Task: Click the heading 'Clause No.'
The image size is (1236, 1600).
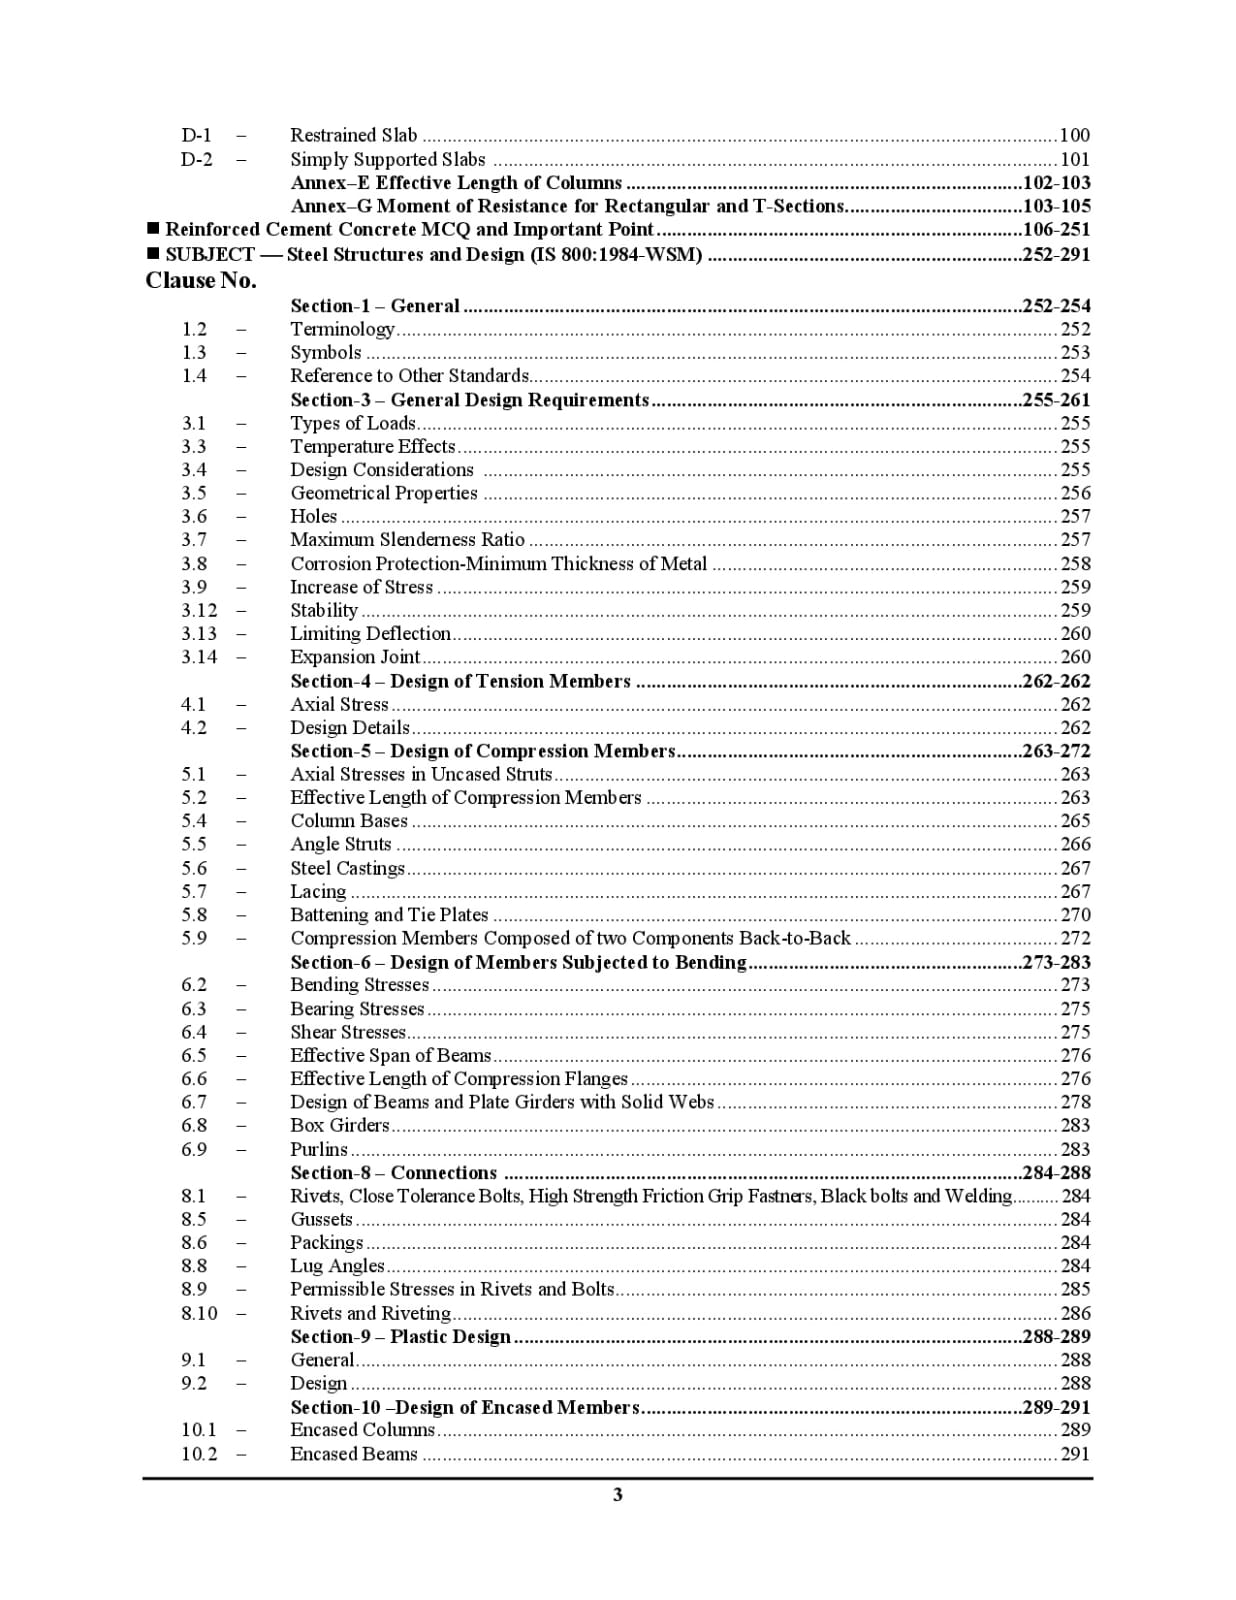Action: [x=201, y=280]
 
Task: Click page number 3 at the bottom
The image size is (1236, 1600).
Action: [x=618, y=1494]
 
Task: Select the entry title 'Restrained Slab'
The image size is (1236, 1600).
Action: [x=354, y=135]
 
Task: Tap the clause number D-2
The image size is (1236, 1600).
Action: [x=197, y=159]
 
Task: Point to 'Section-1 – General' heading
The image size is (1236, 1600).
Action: [x=375, y=306]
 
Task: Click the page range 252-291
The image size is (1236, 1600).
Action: [x=1056, y=254]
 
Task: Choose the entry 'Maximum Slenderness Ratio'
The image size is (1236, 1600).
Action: [x=407, y=540]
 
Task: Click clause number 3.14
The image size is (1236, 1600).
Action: [x=199, y=657]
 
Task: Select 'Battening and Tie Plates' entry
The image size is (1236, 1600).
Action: [x=389, y=915]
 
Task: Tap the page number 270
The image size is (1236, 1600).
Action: [x=1075, y=915]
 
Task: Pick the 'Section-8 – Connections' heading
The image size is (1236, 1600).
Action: [x=393, y=1173]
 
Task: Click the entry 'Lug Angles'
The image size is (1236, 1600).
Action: [x=337, y=1266]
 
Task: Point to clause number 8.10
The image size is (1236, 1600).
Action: [x=199, y=1313]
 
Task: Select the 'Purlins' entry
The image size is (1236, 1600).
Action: [x=319, y=1150]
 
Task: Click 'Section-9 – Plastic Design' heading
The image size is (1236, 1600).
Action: [x=400, y=1337]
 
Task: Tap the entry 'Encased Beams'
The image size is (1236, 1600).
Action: [x=354, y=1454]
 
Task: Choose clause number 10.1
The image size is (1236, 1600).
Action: [x=199, y=1430]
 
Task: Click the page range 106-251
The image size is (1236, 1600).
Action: [x=1056, y=230]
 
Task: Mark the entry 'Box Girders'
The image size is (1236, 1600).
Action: [x=339, y=1126]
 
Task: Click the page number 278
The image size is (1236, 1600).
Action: [x=1075, y=1102]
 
